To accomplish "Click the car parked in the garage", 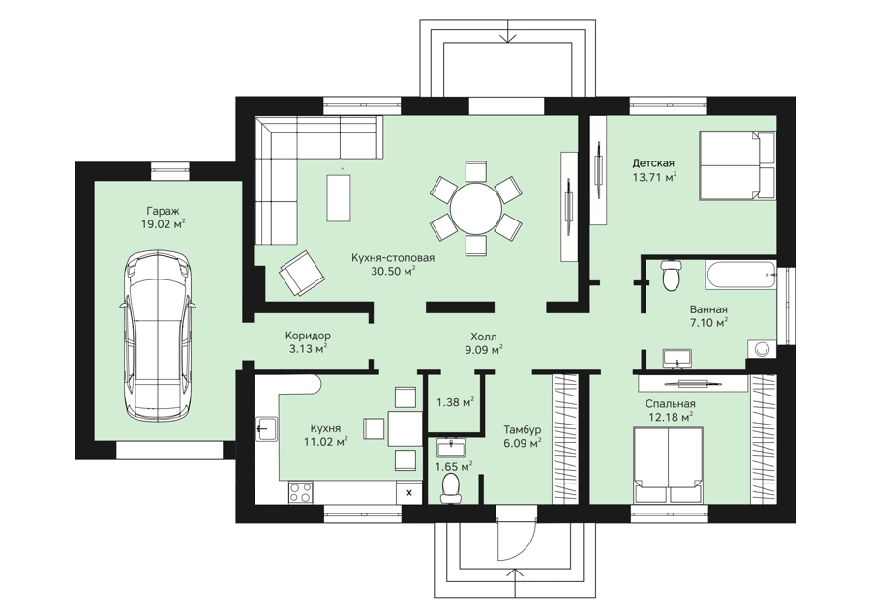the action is pos(159,337).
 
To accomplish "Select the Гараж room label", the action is pos(163,211).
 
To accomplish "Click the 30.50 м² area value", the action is pos(393,271).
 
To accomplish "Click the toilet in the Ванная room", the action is pos(671,276).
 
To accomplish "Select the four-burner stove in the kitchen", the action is pos(301,492).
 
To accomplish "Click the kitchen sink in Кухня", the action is pos(267,428).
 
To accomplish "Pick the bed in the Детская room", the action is pos(737,165).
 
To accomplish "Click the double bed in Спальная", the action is pos(668,465).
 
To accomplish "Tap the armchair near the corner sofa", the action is pos(302,273).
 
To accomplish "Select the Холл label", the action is pos(483,337).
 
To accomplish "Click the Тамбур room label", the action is pos(523,430).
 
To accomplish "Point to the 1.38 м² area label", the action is pos(455,401).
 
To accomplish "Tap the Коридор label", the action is pos(308,336).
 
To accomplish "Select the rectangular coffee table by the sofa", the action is pos(339,197).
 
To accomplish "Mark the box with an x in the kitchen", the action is pos(410,492).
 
